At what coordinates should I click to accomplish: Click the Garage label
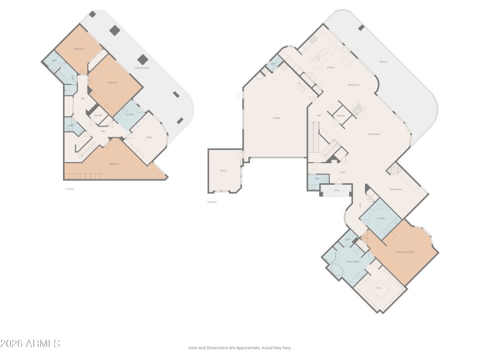277,118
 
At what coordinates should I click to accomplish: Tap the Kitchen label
330,68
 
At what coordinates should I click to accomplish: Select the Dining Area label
353,85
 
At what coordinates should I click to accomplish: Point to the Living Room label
374,134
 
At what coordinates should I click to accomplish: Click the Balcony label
383,61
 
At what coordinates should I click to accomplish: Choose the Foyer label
341,172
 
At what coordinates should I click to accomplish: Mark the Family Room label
396,189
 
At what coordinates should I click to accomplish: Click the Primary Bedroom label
406,252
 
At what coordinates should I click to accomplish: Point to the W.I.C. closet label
379,289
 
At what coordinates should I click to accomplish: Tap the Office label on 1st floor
149,137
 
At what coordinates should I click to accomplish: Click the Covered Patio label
142,68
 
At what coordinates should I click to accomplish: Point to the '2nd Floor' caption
212,202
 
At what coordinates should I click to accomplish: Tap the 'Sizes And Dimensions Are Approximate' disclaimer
239,347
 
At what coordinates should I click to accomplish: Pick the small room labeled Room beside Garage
223,171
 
